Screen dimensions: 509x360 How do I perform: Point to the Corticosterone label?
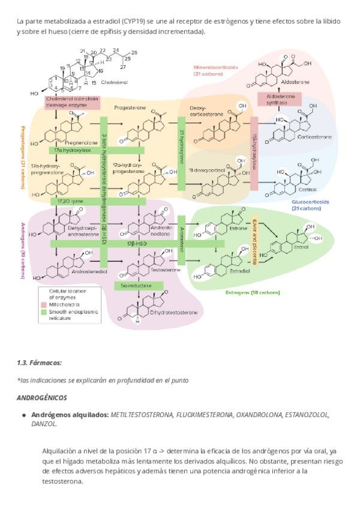click(314, 137)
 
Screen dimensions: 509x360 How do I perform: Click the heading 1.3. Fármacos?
click(40, 363)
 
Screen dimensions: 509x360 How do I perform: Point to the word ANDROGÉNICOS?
click(42, 397)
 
